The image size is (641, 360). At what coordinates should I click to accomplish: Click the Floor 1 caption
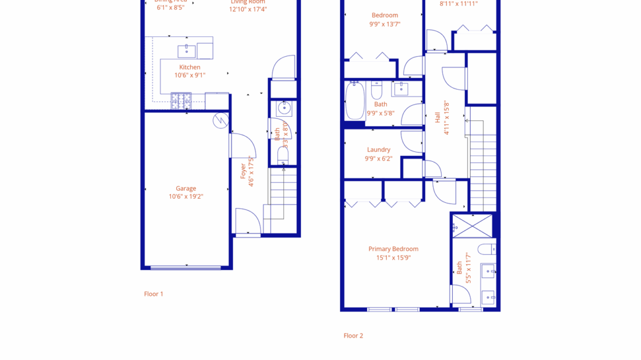coord(154,294)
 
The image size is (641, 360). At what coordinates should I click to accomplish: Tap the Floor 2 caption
coord(353,336)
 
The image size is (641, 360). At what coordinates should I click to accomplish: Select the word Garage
coord(186,188)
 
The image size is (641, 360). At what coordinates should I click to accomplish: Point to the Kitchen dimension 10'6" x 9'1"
coord(190,75)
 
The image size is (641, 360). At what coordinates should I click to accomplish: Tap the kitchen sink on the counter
coord(187,51)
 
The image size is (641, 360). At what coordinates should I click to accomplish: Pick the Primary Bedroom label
coord(393,249)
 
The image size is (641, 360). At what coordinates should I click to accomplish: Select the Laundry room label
coord(379,150)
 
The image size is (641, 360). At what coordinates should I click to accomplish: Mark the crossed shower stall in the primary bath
coord(472,226)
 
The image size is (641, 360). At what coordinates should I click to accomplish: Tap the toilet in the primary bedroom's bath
coord(486,250)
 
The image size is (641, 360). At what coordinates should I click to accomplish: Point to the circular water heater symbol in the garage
coord(221,120)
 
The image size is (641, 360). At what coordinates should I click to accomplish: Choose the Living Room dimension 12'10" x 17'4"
coord(248,9)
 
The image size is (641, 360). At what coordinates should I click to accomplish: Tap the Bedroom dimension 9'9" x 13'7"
coord(385,24)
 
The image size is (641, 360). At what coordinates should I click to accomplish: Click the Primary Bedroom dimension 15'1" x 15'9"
coord(393,258)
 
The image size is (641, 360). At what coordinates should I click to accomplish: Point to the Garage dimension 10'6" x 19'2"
coord(186,196)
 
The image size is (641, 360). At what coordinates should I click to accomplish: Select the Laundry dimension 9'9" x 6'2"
coord(379,158)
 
